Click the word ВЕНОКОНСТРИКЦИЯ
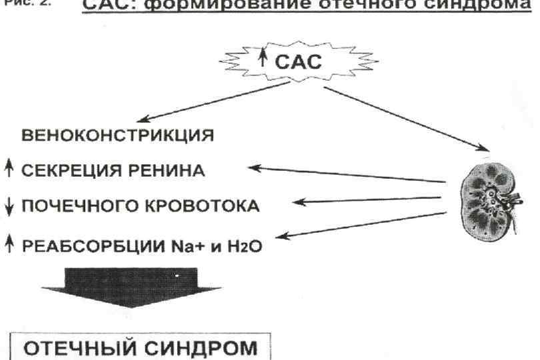pyautogui.click(x=119, y=137)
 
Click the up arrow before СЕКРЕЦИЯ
pyautogui.click(x=8, y=171)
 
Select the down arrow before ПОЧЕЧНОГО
pyautogui.click(x=8, y=207)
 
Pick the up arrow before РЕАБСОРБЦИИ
pyautogui.click(x=8, y=245)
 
